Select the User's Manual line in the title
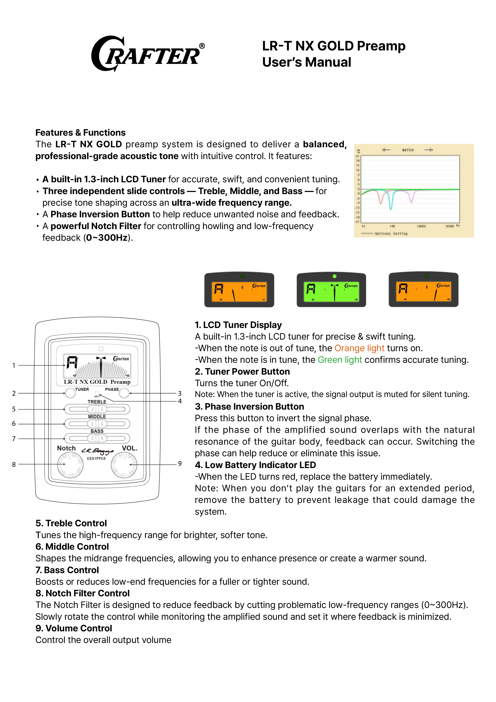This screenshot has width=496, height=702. point(307,62)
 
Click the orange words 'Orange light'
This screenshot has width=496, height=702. point(359,348)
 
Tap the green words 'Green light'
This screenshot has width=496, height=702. point(340,360)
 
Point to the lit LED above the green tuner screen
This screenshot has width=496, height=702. point(334,276)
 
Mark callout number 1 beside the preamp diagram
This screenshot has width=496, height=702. point(13,365)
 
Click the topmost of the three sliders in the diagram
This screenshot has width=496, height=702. point(97,409)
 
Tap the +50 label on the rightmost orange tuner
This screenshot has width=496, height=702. point(448,299)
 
